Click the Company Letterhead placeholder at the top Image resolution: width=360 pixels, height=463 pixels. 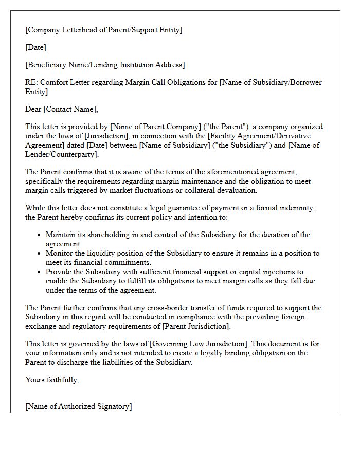103,30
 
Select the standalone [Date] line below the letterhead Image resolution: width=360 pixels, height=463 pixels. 35,47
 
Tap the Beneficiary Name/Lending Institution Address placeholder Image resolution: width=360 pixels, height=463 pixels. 105,65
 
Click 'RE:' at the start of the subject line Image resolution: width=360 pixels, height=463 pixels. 31,82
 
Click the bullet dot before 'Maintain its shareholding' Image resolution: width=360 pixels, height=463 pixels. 40,235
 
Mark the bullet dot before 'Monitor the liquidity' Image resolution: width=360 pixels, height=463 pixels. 40,254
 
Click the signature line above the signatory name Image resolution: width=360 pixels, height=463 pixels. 78,400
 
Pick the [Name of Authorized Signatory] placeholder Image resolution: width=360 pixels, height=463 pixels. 78,406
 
